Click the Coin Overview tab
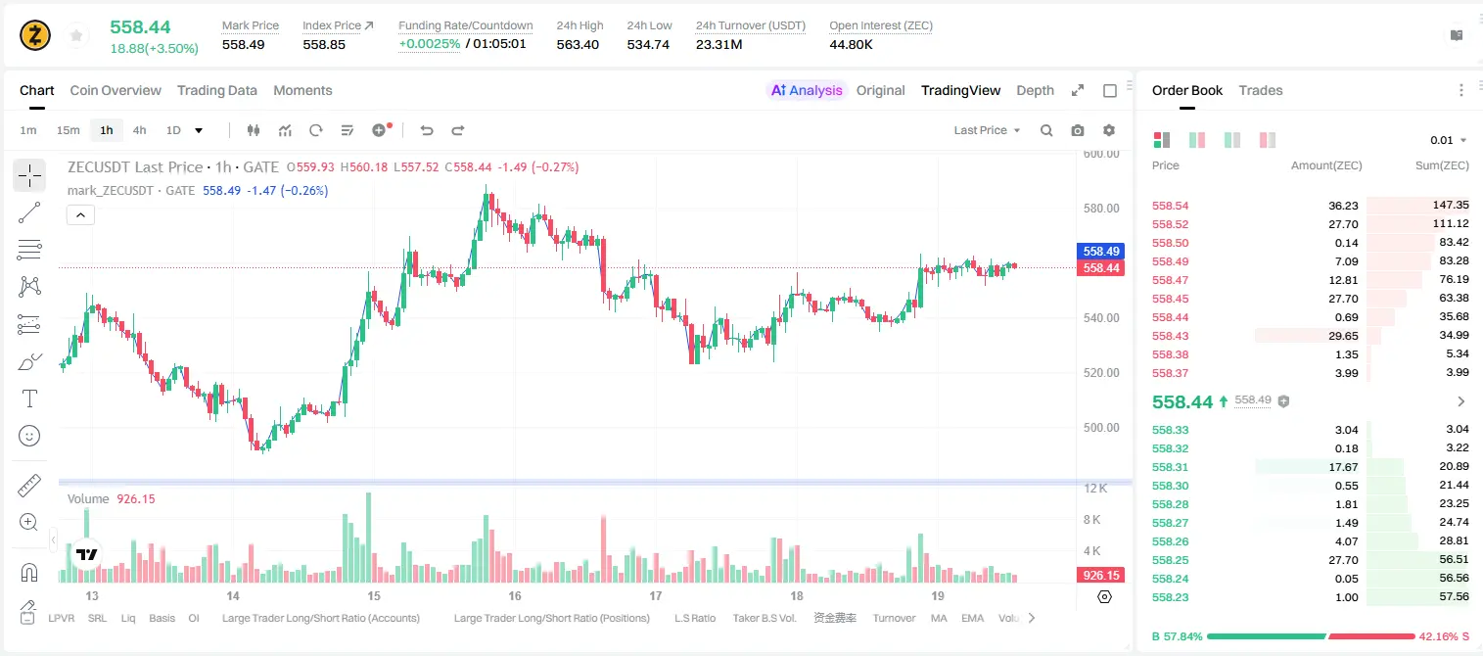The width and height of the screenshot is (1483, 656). click(116, 90)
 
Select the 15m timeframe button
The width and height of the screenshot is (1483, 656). click(69, 130)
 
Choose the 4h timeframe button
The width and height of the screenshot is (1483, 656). click(139, 130)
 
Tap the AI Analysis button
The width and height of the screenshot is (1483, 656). click(807, 90)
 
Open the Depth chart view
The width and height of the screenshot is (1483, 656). click(1035, 90)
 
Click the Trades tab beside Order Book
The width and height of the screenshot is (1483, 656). click(1261, 90)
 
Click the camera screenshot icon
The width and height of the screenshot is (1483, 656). click(1078, 130)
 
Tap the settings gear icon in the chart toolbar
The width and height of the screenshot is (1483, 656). click(1109, 130)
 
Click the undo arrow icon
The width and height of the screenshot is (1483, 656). click(427, 130)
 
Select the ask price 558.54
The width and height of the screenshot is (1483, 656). click(1170, 206)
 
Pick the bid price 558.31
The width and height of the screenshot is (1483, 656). click(1170, 467)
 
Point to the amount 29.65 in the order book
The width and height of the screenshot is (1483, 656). click(1343, 336)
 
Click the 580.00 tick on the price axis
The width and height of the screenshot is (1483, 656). click(1101, 209)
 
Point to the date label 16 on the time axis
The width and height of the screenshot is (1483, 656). click(515, 595)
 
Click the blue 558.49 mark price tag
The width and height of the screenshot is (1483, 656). click(1101, 251)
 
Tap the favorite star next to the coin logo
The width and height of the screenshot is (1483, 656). click(76, 35)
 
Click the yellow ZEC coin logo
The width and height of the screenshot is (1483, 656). click(35, 35)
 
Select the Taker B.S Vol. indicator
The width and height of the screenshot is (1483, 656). click(764, 618)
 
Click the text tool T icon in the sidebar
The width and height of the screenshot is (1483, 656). click(29, 398)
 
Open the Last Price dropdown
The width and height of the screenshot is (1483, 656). click(987, 130)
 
